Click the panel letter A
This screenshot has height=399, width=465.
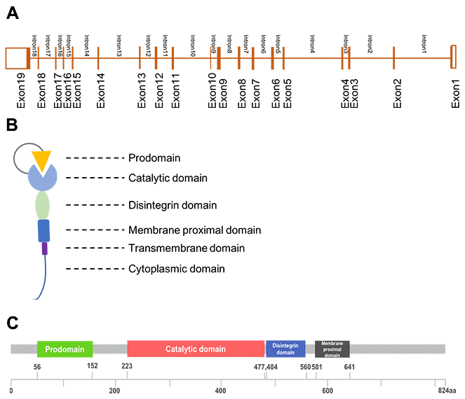[12, 14]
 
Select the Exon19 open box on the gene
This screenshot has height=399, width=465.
[16, 58]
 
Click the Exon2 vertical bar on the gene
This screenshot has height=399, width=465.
[394, 58]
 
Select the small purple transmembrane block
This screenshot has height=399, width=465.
[44, 248]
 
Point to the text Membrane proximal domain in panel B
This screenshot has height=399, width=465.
[194, 230]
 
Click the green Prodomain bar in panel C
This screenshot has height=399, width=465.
[65, 349]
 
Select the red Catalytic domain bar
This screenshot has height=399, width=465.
[196, 349]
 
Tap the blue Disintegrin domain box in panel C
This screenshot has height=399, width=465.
[285, 349]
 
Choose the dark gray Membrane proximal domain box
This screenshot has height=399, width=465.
[332, 349]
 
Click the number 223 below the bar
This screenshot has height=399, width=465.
[127, 365]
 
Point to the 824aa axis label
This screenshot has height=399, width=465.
[445, 391]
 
